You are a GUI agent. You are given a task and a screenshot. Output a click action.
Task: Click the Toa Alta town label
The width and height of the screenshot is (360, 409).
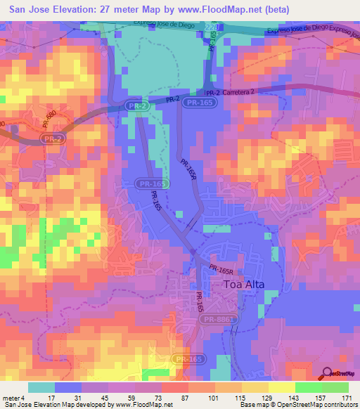[246, 285]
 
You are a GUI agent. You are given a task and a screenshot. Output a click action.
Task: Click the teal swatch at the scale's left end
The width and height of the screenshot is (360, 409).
[41, 387]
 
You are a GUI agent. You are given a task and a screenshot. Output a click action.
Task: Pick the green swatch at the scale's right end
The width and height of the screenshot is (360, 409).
[335, 387]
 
